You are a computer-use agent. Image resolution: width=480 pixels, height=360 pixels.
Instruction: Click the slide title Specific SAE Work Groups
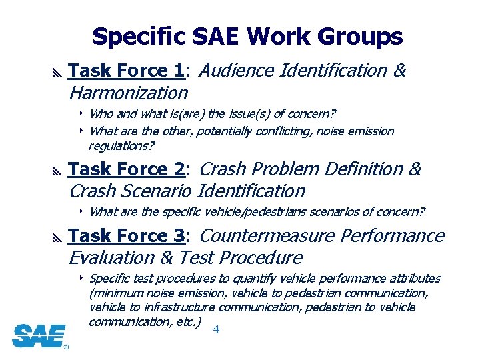pyautogui.click(x=247, y=37)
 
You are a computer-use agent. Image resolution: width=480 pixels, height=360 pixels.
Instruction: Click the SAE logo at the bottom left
pyautogui.click(x=39, y=335)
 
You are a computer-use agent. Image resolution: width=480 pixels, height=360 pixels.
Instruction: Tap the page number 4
pyautogui.click(x=215, y=329)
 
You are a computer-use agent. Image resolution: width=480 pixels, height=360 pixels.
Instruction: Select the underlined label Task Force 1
pyautogui.click(x=126, y=71)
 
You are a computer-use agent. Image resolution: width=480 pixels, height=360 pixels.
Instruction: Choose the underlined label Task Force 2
pyautogui.click(x=126, y=169)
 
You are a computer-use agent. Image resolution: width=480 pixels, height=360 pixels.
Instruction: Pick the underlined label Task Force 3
pyautogui.click(x=126, y=236)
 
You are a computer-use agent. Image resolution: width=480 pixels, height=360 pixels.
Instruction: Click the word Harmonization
pyautogui.click(x=129, y=92)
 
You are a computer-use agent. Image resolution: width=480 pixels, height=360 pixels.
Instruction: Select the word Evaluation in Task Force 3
pyautogui.click(x=111, y=257)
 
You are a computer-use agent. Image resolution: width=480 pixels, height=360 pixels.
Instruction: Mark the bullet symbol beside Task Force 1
pyautogui.click(x=55, y=71)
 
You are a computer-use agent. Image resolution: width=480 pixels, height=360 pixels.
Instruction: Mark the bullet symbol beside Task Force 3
pyautogui.click(x=55, y=237)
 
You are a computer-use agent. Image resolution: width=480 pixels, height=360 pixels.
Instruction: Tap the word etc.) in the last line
pyautogui.click(x=189, y=322)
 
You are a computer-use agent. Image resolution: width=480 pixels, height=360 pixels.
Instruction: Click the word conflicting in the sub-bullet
pyautogui.click(x=284, y=131)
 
